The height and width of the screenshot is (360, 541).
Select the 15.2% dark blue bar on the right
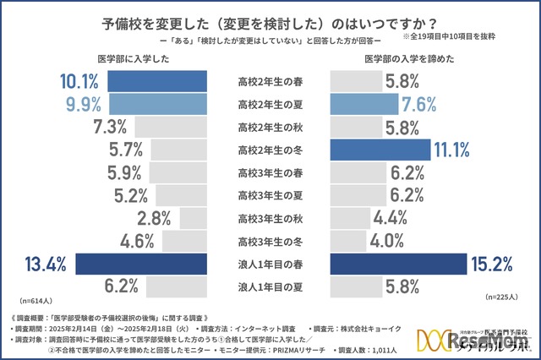pos(397,264)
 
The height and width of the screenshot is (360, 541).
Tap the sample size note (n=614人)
pos(36,299)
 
